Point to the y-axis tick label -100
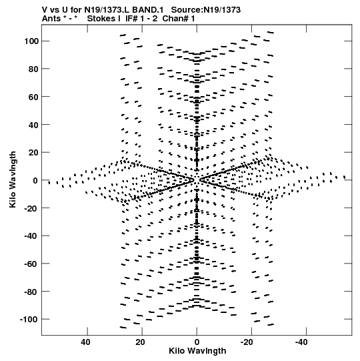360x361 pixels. [x=29, y=320]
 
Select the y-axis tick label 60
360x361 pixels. [x=33, y=97]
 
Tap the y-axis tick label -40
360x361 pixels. [x=31, y=236]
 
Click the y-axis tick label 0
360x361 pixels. [x=35, y=180]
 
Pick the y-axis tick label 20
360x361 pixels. [x=33, y=153]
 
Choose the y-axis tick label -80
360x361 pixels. [x=31, y=292]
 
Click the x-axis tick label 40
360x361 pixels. [x=85, y=342]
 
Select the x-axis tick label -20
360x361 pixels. [x=247, y=342]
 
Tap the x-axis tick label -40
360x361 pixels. [x=301, y=342]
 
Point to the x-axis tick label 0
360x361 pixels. [x=197, y=342]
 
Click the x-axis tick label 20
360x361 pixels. [x=140, y=342]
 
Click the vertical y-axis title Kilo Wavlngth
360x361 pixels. [x=13, y=179]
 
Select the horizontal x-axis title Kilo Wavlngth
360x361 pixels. [x=197, y=351]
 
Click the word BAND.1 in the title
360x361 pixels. [x=151, y=10]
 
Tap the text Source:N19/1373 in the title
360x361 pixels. [x=206, y=10]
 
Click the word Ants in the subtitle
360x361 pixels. [x=51, y=19]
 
